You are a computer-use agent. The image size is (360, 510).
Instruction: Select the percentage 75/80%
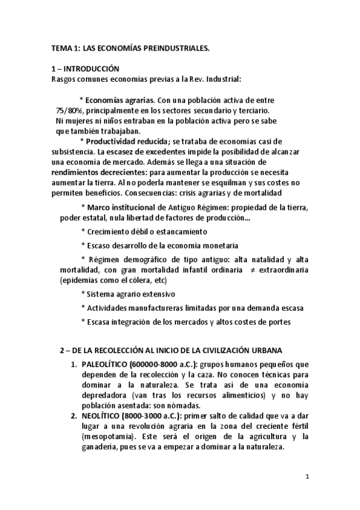tap(69, 111)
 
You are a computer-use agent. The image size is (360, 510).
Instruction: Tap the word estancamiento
tap(175, 232)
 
